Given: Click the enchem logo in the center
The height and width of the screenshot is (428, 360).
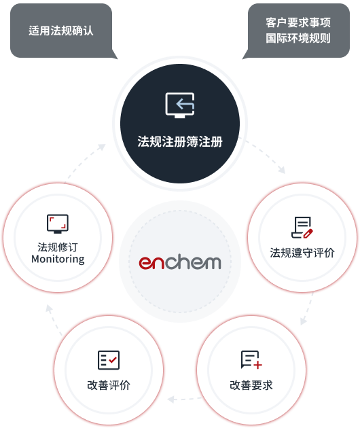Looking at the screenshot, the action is pos(180,262).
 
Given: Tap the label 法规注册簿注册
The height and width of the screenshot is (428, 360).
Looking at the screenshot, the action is pos(180,142).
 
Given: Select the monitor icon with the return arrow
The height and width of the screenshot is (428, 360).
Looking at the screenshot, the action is pos(180,105).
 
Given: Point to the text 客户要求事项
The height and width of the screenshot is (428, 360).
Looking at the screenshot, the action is pos(298,22).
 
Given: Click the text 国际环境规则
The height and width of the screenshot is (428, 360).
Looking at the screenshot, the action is pos(298,38).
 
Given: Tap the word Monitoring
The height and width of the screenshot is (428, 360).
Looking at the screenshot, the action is pos(58,259).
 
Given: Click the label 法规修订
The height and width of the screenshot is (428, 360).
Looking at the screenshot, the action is pos(58,247).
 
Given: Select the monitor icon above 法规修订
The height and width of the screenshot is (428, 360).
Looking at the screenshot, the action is pos(58,224).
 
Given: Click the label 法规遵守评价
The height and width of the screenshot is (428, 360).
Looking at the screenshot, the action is pos(302,253).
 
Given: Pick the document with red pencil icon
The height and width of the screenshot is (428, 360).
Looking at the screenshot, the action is pos(302,228).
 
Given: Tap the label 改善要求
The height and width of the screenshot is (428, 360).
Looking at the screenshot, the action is pos(251,385).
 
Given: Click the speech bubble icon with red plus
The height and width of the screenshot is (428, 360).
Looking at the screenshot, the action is pos(251,360).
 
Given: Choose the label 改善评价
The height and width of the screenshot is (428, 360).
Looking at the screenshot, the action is pos(109,385).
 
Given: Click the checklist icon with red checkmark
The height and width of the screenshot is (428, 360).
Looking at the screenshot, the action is pos(109,360).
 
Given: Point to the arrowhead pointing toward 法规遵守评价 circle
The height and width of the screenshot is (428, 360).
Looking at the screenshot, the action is pos(282,170).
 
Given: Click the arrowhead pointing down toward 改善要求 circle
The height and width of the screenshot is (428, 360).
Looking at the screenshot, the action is pos(303,321).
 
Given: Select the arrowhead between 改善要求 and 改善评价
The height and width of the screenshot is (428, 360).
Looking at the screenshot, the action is pos(171,399).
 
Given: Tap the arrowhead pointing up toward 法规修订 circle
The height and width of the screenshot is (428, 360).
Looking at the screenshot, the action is pos(49,308).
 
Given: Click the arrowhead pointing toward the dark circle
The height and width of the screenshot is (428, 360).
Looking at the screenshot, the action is pos(102,147).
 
